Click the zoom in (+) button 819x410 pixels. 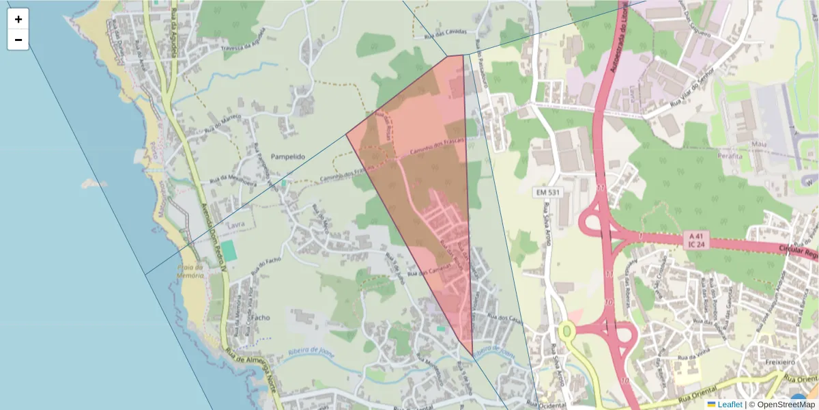coord(18,19)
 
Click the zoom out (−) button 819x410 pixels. coord(18,40)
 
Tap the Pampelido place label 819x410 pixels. coord(287,156)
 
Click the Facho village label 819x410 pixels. coord(261,318)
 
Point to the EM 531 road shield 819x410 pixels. coord(547,193)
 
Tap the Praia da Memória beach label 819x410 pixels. coord(190,271)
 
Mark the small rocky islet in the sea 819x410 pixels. coord(89,183)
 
